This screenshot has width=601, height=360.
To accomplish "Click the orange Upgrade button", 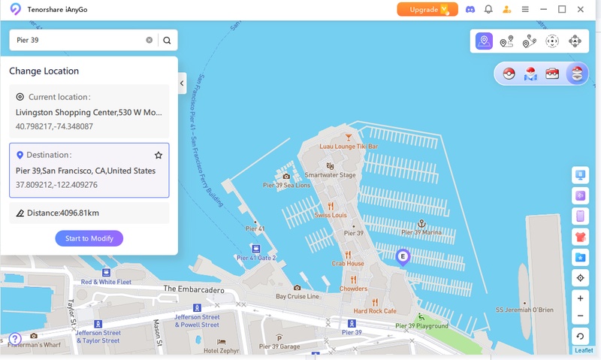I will pyautogui.click(x=427, y=10).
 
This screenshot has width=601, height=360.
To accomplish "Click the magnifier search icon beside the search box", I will pyautogui.click(x=167, y=41).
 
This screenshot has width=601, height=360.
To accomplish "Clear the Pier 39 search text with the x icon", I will pyautogui.click(x=149, y=41).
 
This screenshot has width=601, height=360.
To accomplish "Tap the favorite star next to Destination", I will pyautogui.click(x=159, y=155).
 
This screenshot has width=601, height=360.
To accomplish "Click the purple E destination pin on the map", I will pyautogui.click(x=403, y=258).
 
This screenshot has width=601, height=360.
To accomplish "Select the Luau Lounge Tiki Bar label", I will pyautogui.click(x=349, y=146).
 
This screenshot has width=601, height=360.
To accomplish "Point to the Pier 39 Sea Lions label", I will pyautogui.click(x=286, y=185).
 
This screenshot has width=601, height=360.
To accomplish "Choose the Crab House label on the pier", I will pyautogui.click(x=348, y=264).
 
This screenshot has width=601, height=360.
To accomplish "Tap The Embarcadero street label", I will pyautogui.click(x=194, y=289).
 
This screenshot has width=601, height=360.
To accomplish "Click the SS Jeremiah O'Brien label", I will pyautogui.click(x=524, y=310).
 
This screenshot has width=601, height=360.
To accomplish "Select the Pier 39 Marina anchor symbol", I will pyautogui.click(x=422, y=224).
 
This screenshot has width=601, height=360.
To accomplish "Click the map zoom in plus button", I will pyautogui.click(x=580, y=298).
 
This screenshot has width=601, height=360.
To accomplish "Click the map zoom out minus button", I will pyautogui.click(x=580, y=316).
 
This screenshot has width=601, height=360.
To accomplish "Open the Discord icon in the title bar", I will pyautogui.click(x=470, y=10).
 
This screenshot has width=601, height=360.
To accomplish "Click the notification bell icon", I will pyautogui.click(x=488, y=10).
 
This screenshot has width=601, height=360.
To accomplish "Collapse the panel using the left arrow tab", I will pyautogui.click(x=182, y=83).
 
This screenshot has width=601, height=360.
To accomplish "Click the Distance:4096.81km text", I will pyautogui.click(x=63, y=213).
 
